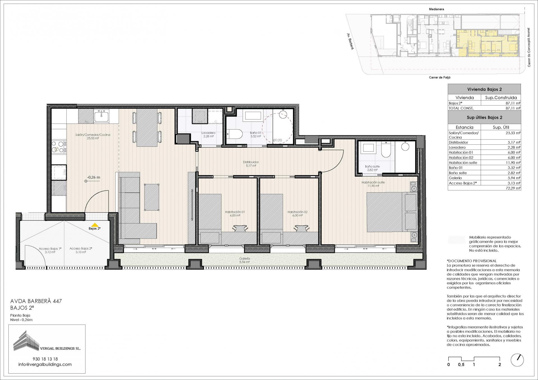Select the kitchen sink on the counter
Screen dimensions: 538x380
[101, 116]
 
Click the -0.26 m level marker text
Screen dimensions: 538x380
[94, 177]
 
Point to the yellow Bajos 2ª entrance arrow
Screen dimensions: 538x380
[95, 224]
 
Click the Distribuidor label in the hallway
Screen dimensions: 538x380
[251, 162]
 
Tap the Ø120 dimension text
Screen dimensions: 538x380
[277, 140]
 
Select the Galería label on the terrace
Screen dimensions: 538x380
[245, 258]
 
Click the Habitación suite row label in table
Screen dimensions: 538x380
[463, 163]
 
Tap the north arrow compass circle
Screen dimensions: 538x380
[517, 360]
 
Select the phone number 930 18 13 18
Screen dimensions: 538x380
[45, 359]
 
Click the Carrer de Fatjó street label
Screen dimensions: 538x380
[440, 77]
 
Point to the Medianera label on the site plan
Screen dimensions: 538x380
[437, 9]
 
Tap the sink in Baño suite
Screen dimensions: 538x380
[367, 147]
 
